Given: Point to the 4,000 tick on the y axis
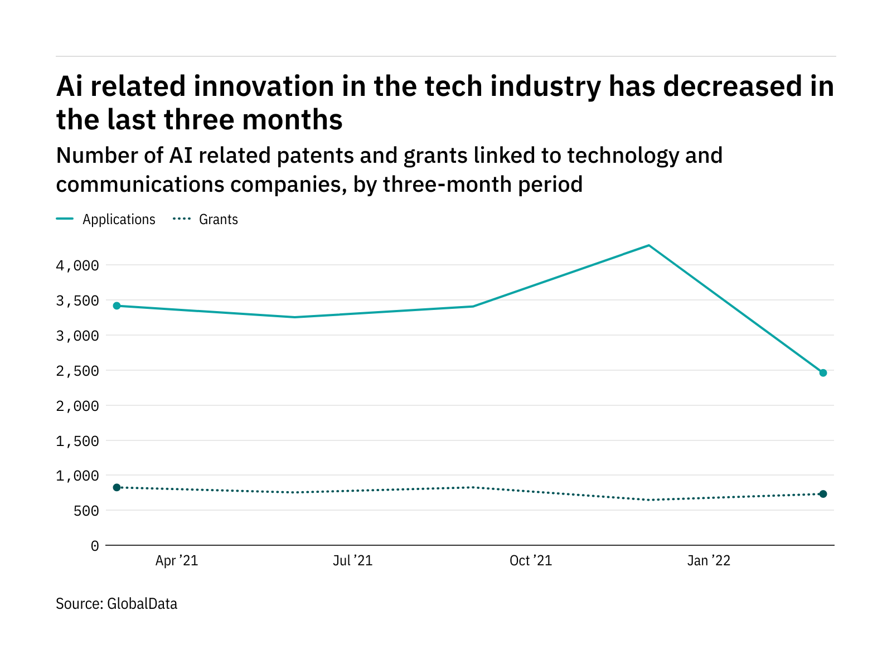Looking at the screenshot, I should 77,266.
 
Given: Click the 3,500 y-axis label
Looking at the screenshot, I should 77,301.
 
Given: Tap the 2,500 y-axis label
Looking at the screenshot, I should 77,371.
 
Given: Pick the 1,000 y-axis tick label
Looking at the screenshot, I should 77,476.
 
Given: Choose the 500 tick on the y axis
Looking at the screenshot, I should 86,511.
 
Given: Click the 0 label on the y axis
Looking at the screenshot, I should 95,546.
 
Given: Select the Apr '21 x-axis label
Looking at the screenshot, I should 177,561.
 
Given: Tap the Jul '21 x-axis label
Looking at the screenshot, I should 352,561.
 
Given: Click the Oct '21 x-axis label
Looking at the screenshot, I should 531,561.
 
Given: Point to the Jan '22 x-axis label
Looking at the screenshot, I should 709,561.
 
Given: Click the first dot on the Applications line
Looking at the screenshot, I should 117,306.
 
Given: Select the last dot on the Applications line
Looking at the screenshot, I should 823,372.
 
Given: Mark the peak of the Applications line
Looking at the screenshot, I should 648,245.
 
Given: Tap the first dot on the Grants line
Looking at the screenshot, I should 117,487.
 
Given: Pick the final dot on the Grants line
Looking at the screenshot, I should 823,494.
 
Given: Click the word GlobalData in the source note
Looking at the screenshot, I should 142,604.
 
